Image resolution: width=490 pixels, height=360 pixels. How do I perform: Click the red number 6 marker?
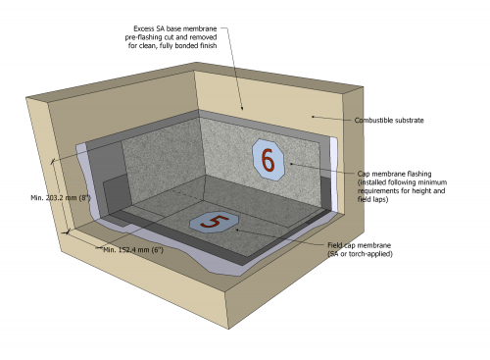pyautogui.click(x=269, y=160)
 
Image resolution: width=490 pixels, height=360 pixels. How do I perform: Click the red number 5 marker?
pyautogui.click(x=214, y=222)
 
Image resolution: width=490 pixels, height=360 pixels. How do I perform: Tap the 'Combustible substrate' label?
pyautogui.click(x=389, y=121)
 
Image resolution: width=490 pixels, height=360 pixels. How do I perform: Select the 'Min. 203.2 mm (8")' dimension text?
pyautogui.click(x=61, y=198)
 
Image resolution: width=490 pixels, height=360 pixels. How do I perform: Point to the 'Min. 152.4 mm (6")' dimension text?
pyautogui.click(x=133, y=250)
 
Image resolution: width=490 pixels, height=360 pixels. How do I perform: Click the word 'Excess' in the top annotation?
pyautogui.click(x=143, y=28)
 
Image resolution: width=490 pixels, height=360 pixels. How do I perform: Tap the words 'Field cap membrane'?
pyautogui.click(x=360, y=245)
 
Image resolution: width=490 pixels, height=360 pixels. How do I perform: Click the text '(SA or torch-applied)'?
pyautogui.click(x=360, y=254)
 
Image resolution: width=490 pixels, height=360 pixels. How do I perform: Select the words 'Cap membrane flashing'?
pyautogui.click(x=394, y=174)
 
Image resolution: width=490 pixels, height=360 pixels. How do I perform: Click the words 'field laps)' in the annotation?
pyautogui.click(x=372, y=199)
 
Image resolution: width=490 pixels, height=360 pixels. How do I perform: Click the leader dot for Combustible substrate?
pyautogui.click(x=313, y=116)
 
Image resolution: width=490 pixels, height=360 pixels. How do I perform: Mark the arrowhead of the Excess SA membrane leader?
pyautogui.click(x=242, y=109)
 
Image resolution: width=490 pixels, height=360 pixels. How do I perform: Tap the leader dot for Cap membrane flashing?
pyautogui.click(x=291, y=164)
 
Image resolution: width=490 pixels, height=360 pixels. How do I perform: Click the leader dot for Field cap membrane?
pyautogui.click(x=237, y=230)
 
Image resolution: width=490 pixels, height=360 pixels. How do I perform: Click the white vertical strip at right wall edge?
pyautogui.click(x=334, y=175)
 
